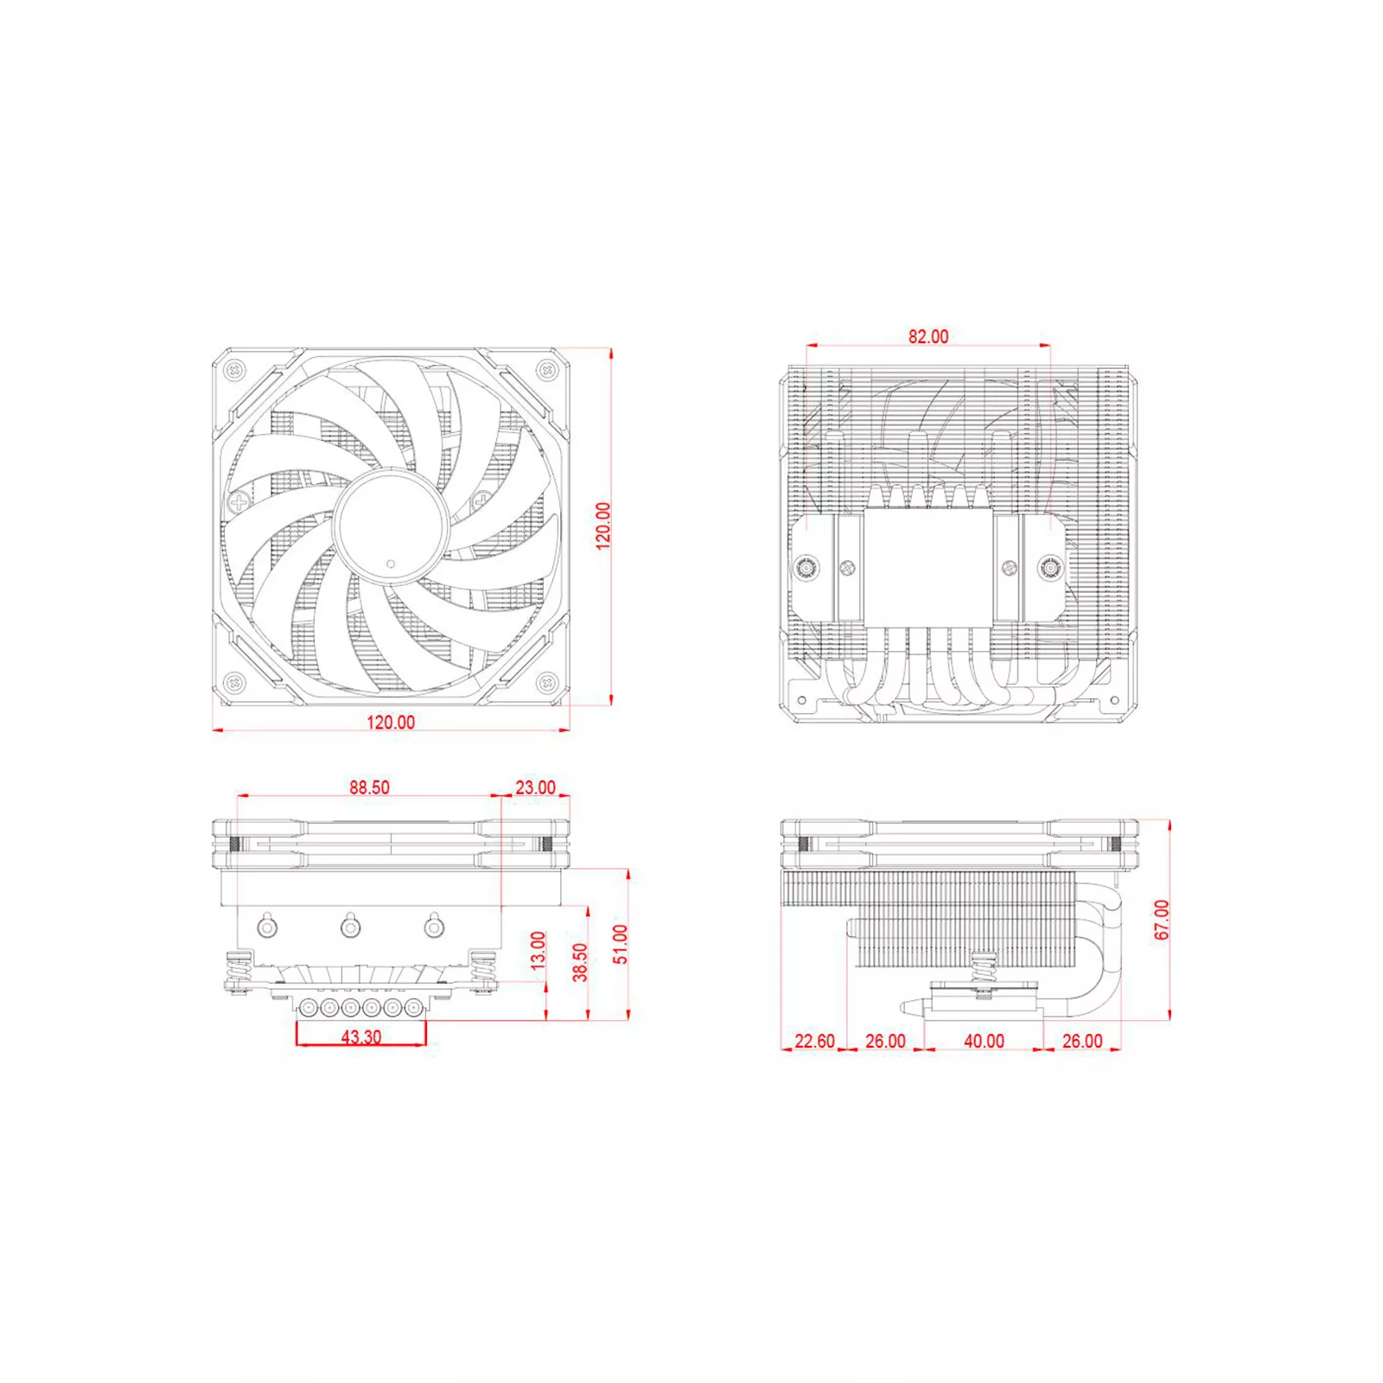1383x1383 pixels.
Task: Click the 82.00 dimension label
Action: (927, 336)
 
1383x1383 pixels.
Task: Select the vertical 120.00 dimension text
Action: (602, 526)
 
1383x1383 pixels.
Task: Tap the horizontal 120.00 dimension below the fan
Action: (391, 722)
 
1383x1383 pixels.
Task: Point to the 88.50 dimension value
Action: (369, 787)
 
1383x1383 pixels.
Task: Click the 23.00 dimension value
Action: (535, 787)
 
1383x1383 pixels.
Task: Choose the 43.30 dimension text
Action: (360, 1036)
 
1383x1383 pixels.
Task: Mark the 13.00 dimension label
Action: (538, 950)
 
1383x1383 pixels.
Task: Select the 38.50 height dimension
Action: (580, 962)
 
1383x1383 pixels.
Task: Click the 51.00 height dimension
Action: (621, 944)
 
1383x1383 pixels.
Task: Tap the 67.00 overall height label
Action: (1162, 920)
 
